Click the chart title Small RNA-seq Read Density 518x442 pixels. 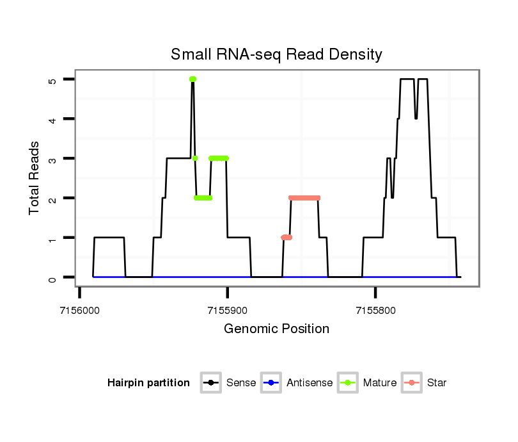pos(276,54)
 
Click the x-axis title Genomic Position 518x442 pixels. pos(276,329)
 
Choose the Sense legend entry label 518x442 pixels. pos(241,383)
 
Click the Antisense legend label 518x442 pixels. pos(310,383)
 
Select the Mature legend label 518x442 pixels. pos(380,383)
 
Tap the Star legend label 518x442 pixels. pos(437,383)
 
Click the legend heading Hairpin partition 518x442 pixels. pos(149,383)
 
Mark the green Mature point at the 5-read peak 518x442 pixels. pos(192,79)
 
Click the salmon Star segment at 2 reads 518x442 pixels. pos(304,198)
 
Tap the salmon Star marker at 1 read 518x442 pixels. pos(286,238)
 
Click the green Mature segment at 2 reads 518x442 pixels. pos(203,198)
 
